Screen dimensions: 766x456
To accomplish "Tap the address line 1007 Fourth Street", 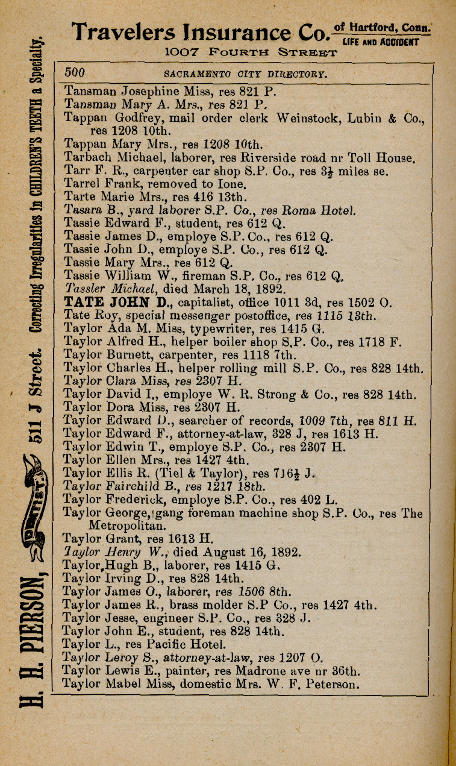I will click(x=251, y=52).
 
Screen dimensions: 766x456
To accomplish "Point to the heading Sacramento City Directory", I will click(x=246, y=75).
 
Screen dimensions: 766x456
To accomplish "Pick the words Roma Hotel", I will click(x=322, y=210).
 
